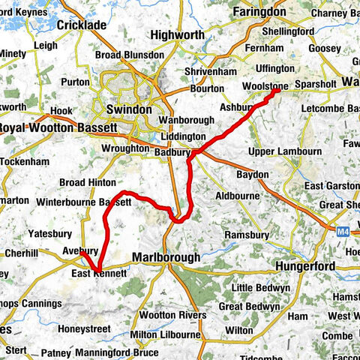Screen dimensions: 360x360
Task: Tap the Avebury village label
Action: tap(80, 250)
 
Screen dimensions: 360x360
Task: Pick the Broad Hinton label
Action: tap(88, 182)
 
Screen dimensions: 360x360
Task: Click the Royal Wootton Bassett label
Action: tap(58, 128)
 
